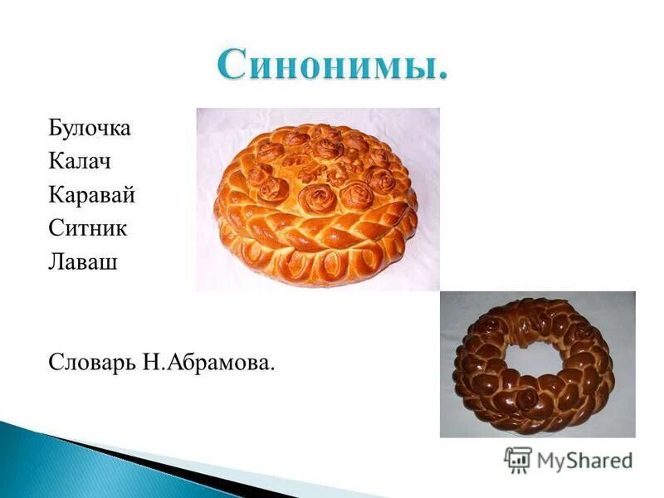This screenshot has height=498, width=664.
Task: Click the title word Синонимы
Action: (x=332, y=66)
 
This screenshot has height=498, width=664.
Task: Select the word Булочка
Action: (x=90, y=129)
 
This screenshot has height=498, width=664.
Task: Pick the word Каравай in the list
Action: (x=91, y=196)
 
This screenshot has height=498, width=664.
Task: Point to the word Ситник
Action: (x=86, y=229)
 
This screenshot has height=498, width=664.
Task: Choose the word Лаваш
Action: (x=81, y=262)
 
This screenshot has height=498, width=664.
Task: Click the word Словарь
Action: (x=93, y=364)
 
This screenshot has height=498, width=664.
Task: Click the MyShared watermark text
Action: (x=584, y=459)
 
